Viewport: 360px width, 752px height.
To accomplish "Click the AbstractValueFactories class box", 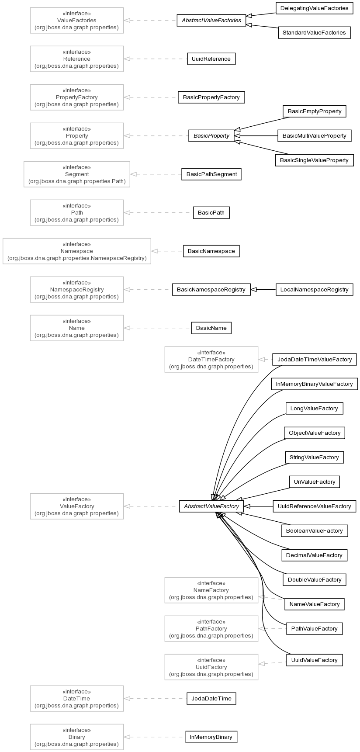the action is click(211, 21).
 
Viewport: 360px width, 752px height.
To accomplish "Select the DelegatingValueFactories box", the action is click(314, 8).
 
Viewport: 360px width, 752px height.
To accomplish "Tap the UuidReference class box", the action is click(211, 59).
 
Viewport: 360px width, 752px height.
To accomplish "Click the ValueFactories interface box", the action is click(77, 21).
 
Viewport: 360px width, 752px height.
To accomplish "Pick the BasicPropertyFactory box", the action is click(211, 97).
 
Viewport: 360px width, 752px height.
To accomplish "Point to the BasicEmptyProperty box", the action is click(315, 111).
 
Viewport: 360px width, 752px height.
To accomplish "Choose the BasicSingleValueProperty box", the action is click(314, 160).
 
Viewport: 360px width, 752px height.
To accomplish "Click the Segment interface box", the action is click(77, 174).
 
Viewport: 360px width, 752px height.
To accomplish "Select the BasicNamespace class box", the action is click(211, 251).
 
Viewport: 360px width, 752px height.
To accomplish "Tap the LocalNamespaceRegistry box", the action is click(315, 290).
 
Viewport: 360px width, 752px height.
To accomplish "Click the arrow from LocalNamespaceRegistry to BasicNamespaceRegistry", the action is click(263, 290).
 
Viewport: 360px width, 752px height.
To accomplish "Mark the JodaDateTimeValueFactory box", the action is click(315, 360).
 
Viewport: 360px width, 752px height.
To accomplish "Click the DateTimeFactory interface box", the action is click(211, 360).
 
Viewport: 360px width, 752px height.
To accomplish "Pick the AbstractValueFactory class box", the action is click(211, 506).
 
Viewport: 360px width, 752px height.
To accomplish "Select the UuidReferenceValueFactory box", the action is click(315, 506).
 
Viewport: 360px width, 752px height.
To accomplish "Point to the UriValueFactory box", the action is click(315, 482).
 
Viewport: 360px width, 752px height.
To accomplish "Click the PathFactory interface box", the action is click(211, 629).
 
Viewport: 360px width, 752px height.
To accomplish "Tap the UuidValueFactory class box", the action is click(315, 660).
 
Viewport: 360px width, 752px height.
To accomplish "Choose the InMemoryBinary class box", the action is click(211, 737).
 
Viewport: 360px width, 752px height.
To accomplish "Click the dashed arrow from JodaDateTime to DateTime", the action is click(155, 699).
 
